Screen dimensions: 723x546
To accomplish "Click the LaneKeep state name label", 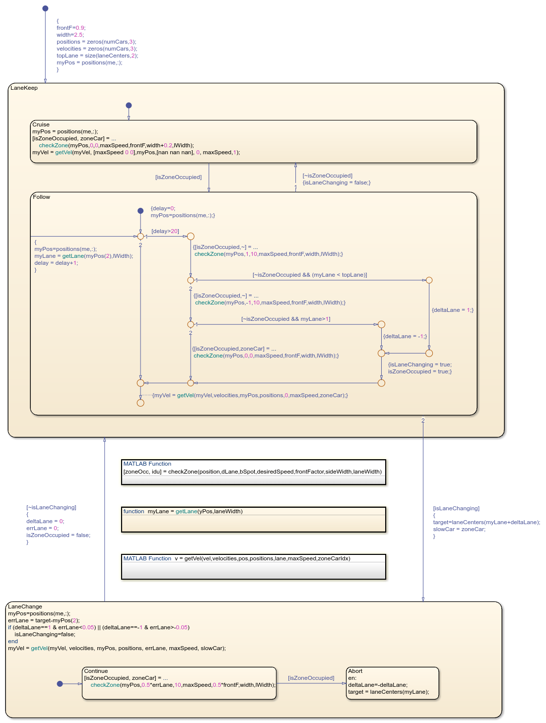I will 24,88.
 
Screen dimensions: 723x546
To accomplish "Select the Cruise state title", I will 41,124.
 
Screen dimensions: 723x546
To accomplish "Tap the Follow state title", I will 41,197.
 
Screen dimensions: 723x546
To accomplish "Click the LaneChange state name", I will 25,606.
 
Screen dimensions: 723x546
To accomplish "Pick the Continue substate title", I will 96,671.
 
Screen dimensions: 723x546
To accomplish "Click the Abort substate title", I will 355,671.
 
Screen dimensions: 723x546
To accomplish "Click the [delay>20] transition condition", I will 165,231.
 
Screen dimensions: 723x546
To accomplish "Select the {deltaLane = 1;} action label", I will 453,310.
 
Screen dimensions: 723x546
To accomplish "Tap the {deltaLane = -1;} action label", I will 405,336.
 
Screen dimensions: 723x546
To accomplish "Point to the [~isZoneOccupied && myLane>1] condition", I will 286,319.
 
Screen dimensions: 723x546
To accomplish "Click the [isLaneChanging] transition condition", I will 456,508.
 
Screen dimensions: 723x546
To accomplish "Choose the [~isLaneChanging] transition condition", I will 51,507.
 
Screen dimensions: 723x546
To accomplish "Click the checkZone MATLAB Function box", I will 253,472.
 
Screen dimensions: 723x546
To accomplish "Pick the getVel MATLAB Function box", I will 253,566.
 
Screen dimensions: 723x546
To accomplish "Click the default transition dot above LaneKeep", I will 45,8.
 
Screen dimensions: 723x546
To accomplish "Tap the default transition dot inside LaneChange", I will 60,684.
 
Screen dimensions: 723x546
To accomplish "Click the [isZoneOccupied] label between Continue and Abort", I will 311,678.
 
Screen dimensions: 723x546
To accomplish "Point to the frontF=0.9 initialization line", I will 71,28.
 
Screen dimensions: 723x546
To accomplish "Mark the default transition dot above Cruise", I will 129,105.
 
